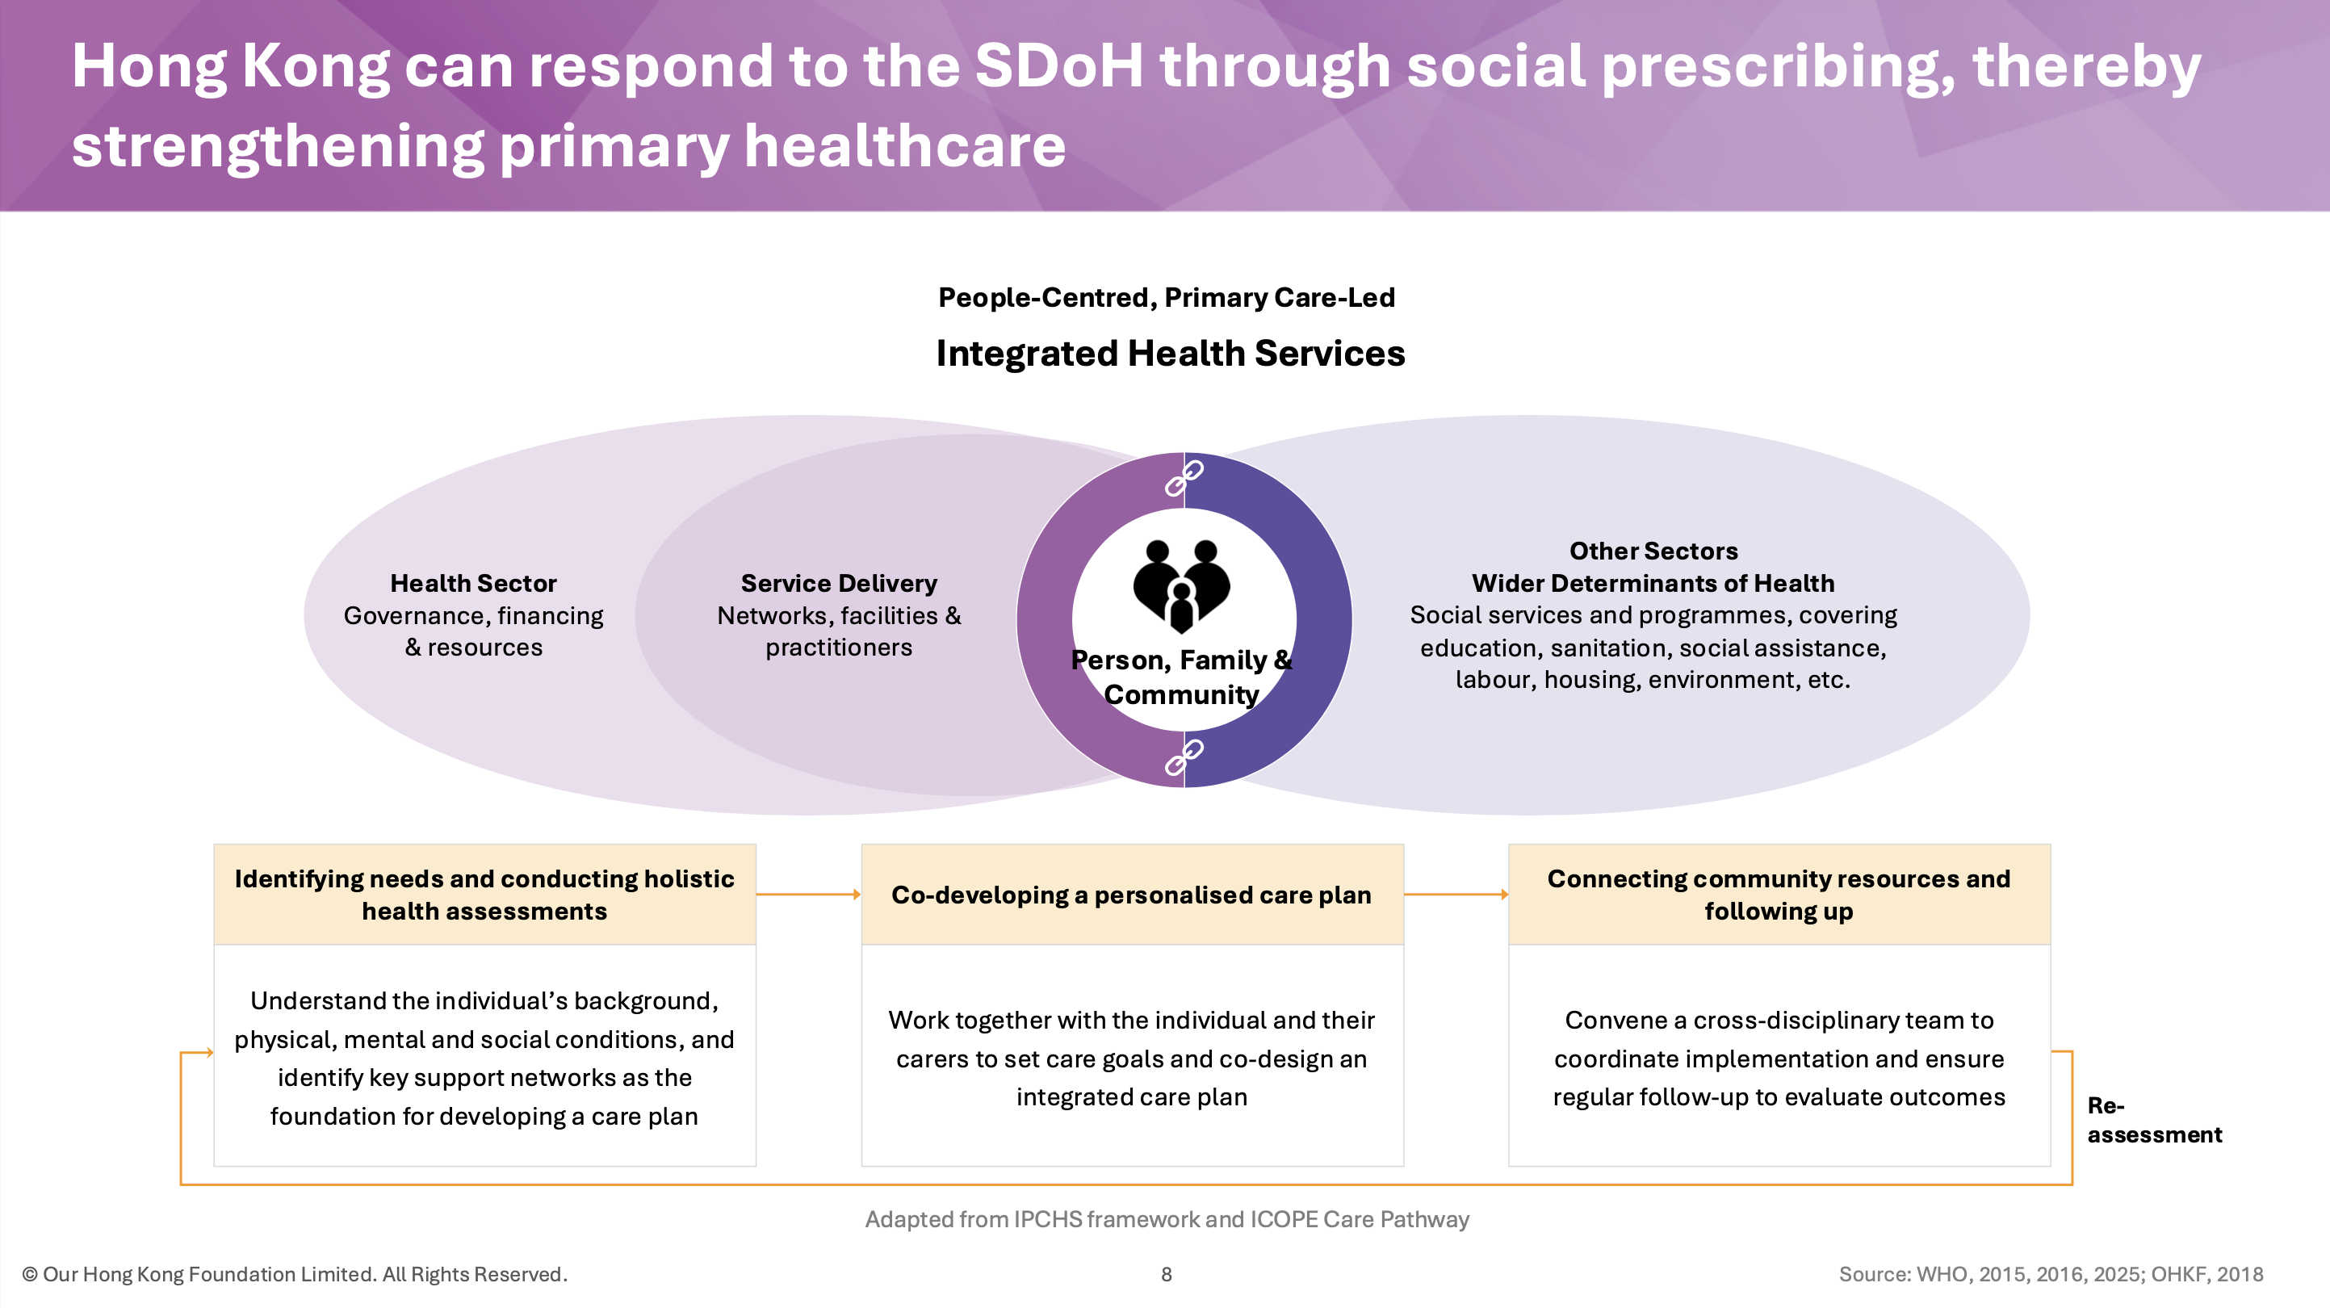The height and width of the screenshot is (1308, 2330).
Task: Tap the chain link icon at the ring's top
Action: pyautogui.click(x=1184, y=479)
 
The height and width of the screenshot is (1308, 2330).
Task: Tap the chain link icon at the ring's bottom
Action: pyautogui.click(x=1184, y=757)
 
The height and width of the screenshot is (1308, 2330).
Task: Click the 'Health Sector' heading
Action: pyautogui.click(x=473, y=584)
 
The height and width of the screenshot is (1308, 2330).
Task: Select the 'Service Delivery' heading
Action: pyautogui.click(x=839, y=584)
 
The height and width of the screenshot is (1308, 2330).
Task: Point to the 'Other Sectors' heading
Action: pyautogui.click(x=1653, y=551)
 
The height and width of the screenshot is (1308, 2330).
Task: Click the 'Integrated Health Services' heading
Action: pyautogui.click(x=1171, y=353)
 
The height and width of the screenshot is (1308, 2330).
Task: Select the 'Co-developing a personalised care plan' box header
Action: pyautogui.click(x=1133, y=895)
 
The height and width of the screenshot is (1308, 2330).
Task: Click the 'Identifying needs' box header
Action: pyautogui.click(x=485, y=895)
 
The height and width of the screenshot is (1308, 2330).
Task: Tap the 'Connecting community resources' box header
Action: pyautogui.click(x=1779, y=895)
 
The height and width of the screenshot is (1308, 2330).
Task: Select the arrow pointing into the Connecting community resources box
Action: pyautogui.click(x=1456, y=895)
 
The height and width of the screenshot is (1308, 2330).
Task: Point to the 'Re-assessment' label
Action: pyautogui.click(x=2155, y=1120)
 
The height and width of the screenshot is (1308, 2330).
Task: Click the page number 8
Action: pyautogui.click(x=1167, y=1275)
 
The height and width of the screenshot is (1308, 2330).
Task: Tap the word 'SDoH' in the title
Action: pyautogui.click(x=1059, y=66)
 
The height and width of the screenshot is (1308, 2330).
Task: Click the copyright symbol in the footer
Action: pyautogui.click(x=30, y=1275)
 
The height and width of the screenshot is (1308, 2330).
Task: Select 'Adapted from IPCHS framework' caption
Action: pyautogui.click(x=1167, y=1219)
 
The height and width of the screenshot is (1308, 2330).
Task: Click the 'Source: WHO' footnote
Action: pyautogui.click(x=2051, y=1275)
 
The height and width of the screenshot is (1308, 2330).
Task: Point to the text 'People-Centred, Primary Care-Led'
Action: pyautogui.click(x=1167, y=298)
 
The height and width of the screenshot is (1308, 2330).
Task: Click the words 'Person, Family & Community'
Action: pyautogui.click(x=1181, y=677)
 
